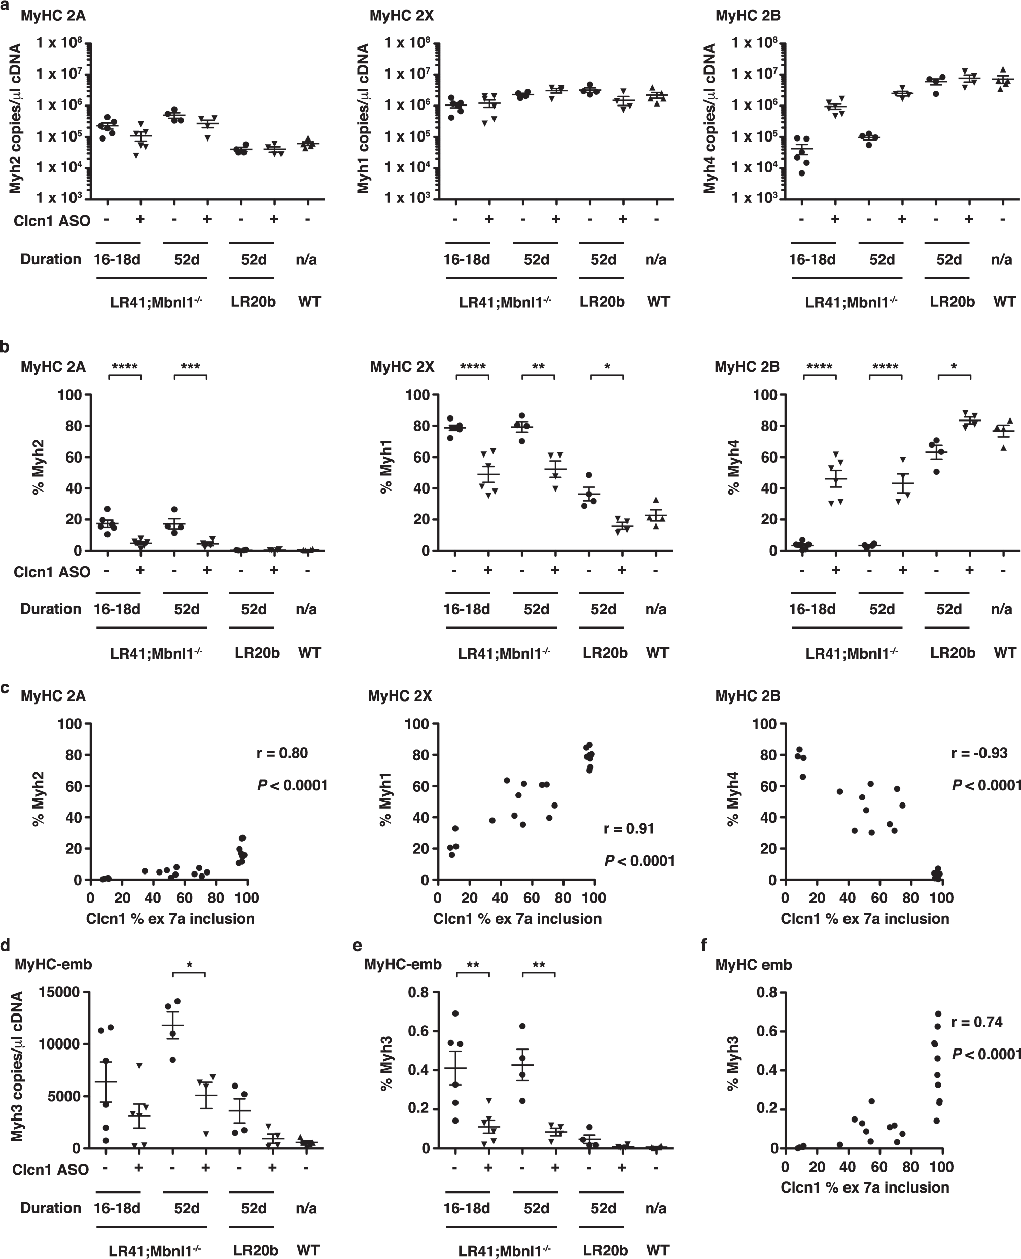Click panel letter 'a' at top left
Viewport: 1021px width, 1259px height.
pyautogui.click(x=5, y=5)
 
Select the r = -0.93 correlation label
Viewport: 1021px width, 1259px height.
pyautogui.click(x=979, y=753)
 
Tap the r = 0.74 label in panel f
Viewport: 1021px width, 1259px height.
pyautogui.click(x=976, y=1022)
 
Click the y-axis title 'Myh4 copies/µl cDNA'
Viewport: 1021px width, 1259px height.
pyautogui.click(x=710, y=118)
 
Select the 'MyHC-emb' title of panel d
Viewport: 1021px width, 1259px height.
pyautogui.click(x=53, y=964)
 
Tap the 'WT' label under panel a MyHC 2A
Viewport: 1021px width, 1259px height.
pyautogui.click(x=309, y=302)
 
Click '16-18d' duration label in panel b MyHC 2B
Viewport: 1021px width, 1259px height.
pyautogui.click(x=812, y=609)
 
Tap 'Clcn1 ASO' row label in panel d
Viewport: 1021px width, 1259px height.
pyautogui.click(x=51, y=1170)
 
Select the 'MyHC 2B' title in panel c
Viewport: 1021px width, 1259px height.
pyautogui.click(x=747, y=696)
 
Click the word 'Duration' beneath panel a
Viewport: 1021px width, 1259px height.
pyautogui.click(x=51, y=259)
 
